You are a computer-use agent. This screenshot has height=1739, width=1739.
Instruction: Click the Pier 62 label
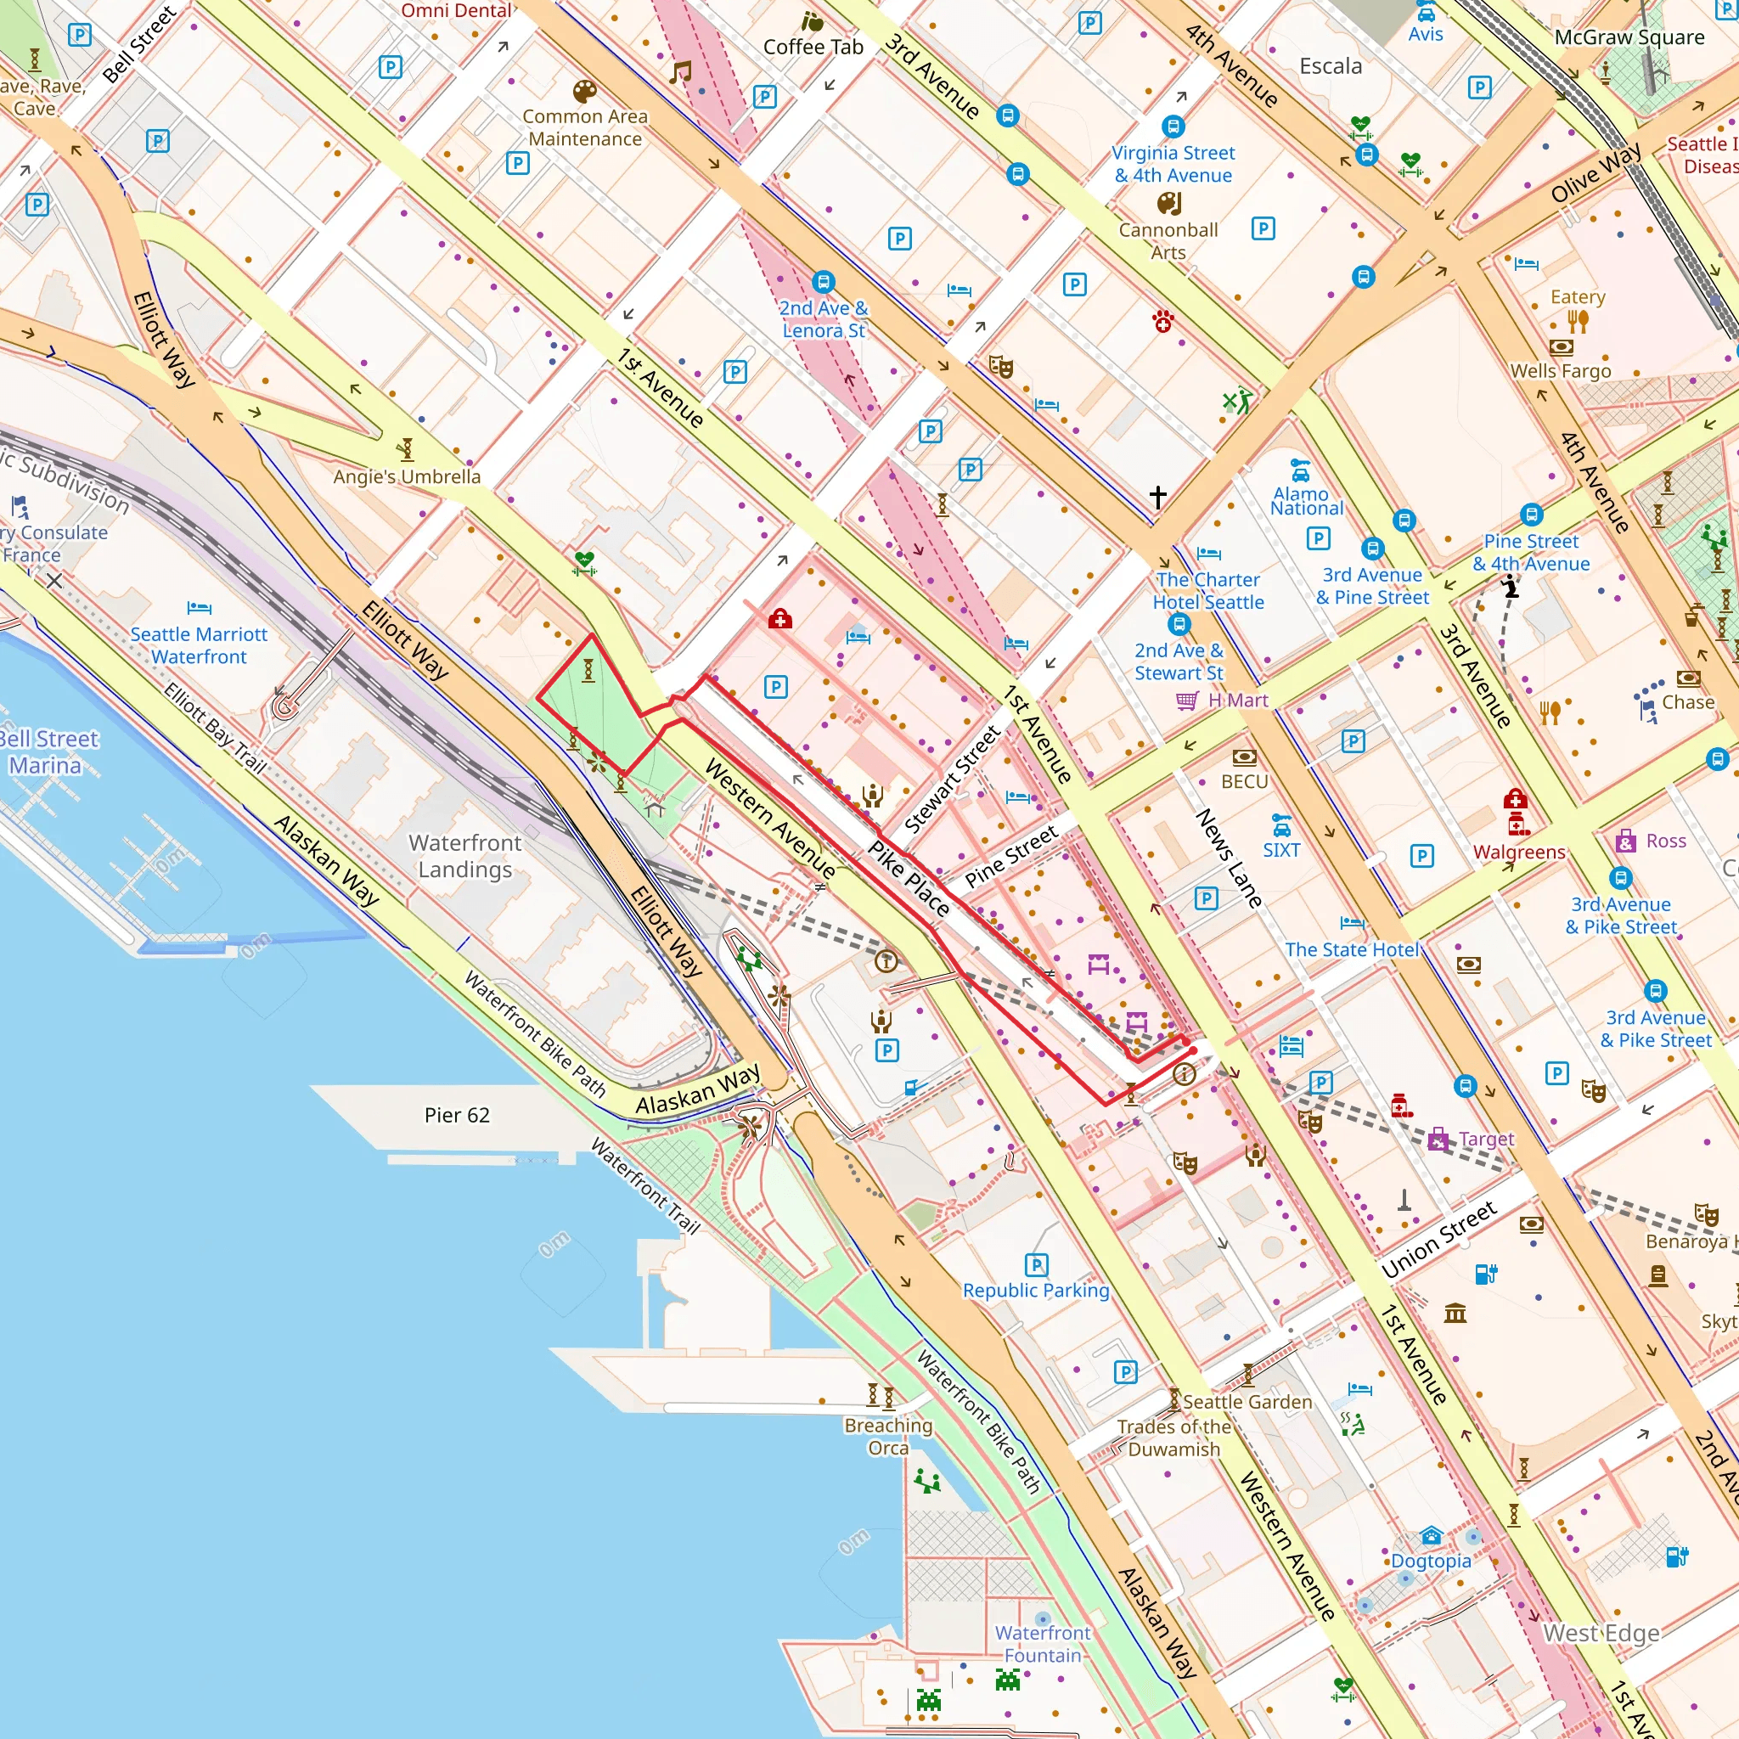pyautogui.click(x=458, y=1115)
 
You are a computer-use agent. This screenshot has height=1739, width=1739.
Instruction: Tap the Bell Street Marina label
pyautogui.click(x=47, y=751)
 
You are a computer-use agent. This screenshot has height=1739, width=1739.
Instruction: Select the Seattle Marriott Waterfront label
pyautogui.click(x=199, y=645)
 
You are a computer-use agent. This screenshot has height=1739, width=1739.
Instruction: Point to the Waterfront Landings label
pyautogui.click(x=464, y=856)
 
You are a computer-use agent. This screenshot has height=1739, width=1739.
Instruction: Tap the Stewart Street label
pyautogui.click(x=953, y=779)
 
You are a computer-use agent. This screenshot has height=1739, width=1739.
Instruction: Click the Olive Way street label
pyautogui.click(x=1595, y=172)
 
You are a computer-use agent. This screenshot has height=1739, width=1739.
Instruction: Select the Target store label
pyautogui.click(x=1486, y=1139)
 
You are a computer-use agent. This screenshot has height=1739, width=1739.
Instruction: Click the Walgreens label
pyautogui.click(x=1519, y=852)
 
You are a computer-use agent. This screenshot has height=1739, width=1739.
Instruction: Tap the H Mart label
pyautogui.click(x=1238, y=701)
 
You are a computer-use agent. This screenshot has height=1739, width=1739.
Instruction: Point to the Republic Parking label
pyautogui.click(x=1036, y=1290)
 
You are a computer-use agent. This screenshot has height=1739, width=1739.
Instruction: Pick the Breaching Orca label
pyautogui.click(x=888, y=1436)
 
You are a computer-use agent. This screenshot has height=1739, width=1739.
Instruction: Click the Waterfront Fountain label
pyautogui.click(x=1043, y=1644)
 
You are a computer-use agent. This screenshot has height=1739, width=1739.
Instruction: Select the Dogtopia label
pyautogui.click(x=1431, y=1561)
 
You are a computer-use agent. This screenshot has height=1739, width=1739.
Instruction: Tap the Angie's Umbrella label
pyautogui.click(x=407, y=476)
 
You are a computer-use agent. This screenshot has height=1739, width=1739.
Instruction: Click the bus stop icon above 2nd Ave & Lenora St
pyautogui.click(x=823, y=282)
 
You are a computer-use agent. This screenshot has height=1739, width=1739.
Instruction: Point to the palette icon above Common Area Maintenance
pyautogui.click(x=584, y=92)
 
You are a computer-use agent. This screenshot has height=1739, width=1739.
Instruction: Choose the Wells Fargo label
pyautogui.click(x=1561, y=371)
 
